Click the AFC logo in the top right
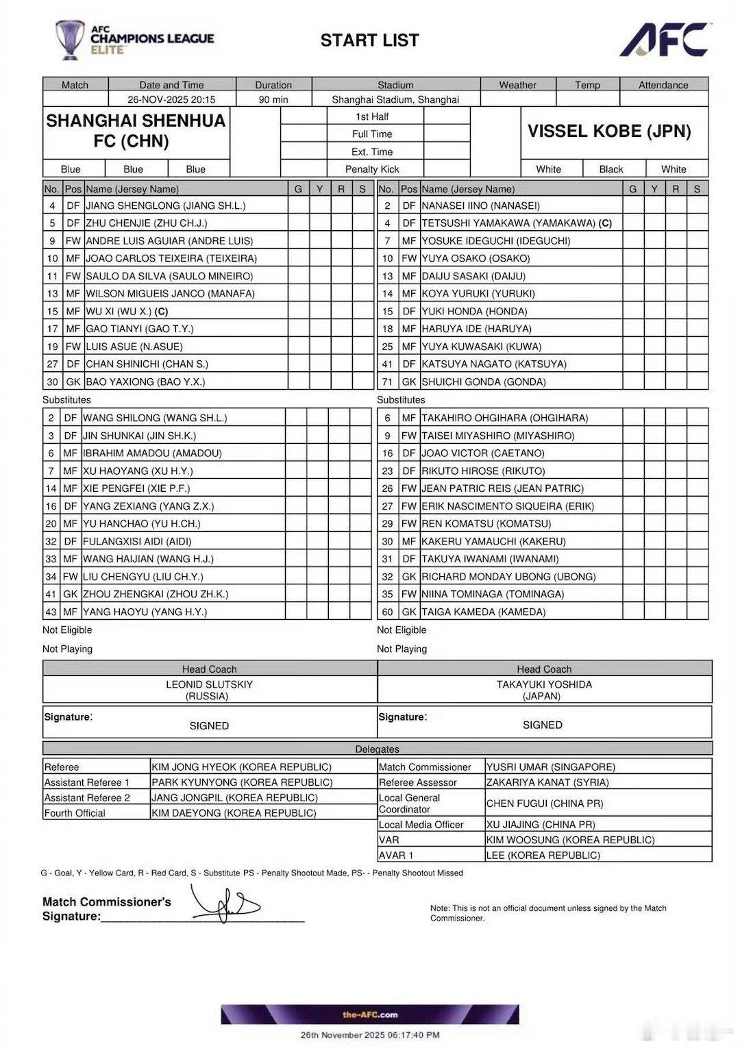(x=663, y=40)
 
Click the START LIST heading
(x=369, y=40)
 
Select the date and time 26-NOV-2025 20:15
(x=171, y=99)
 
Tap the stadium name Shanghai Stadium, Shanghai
(x=395, y=99)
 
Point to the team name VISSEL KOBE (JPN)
(x=609, y=132)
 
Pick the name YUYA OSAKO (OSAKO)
(x=476, y=258)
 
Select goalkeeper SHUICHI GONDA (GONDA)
(x=484, y=382)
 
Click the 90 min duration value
(x=273, y=99)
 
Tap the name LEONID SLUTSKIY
(x=209, y=684)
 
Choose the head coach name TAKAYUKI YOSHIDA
(x=544, y=684)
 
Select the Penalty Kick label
(x=372, y=169)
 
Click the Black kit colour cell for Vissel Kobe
(x=610, y=169)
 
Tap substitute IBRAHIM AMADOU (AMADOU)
(x=152, y=453)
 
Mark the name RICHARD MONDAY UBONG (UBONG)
(x=508, y=577)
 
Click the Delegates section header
(x=377, y=749)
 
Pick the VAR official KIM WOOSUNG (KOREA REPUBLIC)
(x=570, y=840)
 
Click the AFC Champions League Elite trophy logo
(x=70, y=40)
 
